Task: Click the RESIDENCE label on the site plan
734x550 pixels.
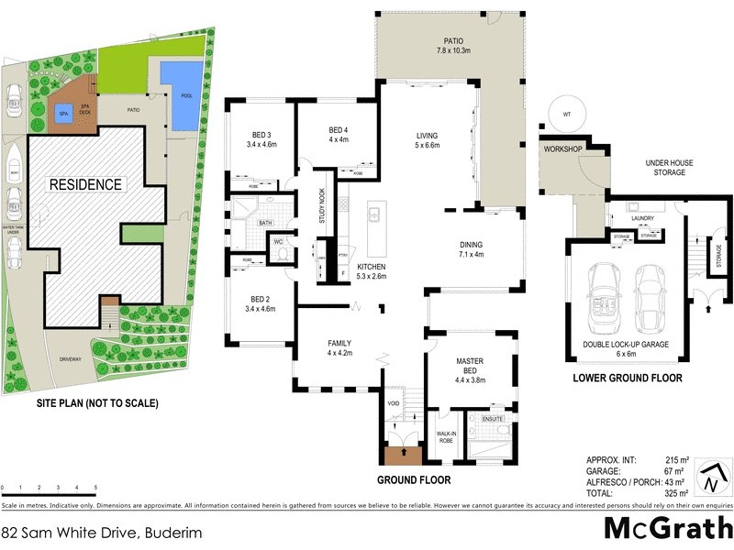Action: pos(85,184)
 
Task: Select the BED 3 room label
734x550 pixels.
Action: pos(261,139)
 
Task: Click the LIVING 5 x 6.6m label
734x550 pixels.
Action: pos(428,140)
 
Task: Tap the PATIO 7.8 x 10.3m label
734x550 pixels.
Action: pos(453,46)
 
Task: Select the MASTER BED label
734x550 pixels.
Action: pos(469,367)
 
